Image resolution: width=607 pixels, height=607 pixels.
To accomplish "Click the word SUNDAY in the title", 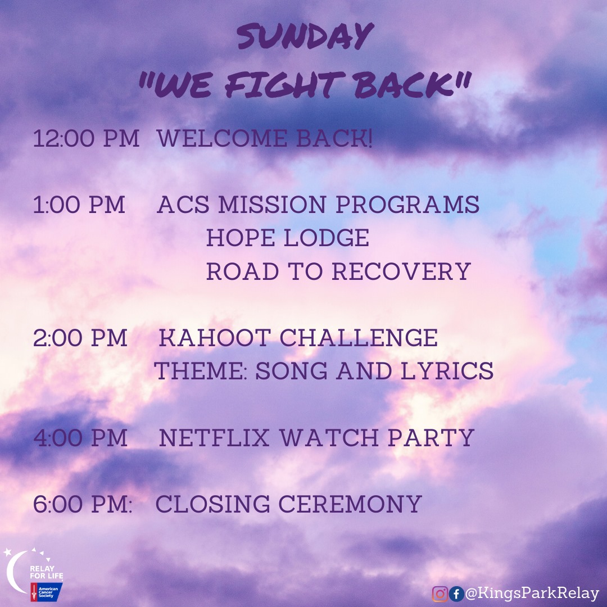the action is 305,37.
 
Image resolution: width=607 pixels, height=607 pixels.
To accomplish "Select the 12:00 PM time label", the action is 86,138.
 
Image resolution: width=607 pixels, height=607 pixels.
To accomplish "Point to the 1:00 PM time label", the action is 79,205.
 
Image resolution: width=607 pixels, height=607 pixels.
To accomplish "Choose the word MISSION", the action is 272,205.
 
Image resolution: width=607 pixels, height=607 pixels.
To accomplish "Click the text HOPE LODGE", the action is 288,237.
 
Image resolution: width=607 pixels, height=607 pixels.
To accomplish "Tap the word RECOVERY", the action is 401,271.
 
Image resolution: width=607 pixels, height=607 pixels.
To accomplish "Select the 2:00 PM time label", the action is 80,338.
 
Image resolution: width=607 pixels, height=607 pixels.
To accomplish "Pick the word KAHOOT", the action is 215,338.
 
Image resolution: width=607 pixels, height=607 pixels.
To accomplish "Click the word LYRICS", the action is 447,371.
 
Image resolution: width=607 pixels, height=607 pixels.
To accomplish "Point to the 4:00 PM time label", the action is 80,437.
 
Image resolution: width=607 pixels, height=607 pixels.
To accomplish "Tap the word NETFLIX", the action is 214,437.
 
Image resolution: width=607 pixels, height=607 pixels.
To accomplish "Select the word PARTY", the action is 431,437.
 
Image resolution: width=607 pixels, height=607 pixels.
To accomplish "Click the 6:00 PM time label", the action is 83,504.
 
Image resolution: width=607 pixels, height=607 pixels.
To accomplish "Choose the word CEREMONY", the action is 350,504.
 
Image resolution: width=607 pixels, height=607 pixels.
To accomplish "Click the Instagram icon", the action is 440,594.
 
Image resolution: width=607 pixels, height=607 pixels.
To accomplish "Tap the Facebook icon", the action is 456,594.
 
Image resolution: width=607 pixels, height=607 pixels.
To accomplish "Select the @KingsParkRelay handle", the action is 532,594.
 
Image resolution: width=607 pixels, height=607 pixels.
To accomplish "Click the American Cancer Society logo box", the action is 47,592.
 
